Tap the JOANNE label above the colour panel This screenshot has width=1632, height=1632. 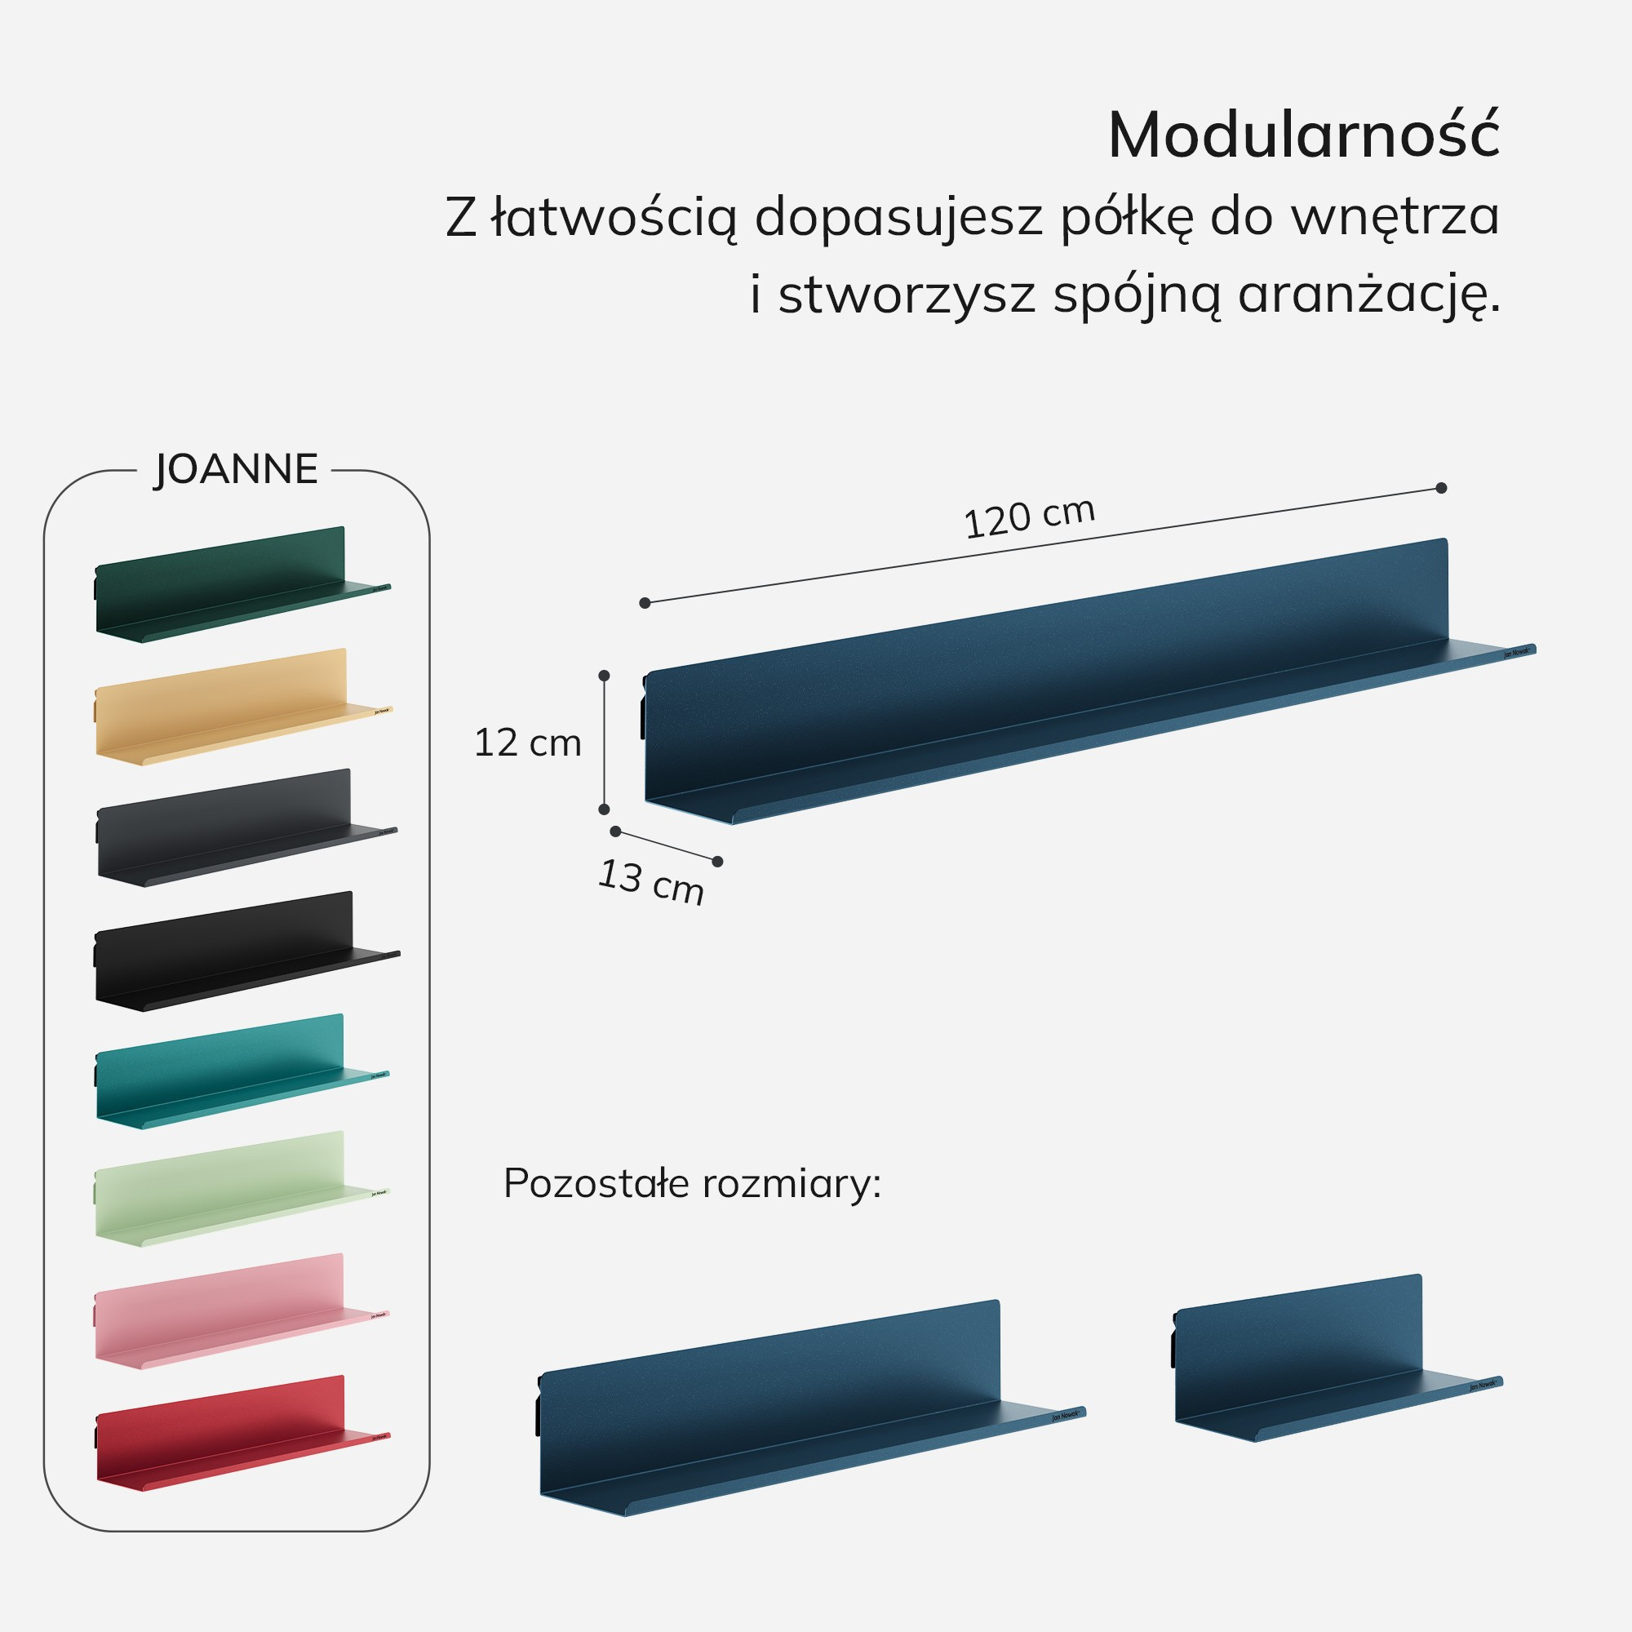click(x=236, y=470)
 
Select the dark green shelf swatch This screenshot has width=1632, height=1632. click(x=228, y=586)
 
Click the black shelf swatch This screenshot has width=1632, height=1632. click(x=233, y=952)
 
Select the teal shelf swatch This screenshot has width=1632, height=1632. click(x=228, y=1073)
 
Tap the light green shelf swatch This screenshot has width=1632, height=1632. click(x=228, y=1191)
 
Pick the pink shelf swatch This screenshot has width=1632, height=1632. click(x=228, y=1314)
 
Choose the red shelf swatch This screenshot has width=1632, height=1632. click(x=228, y=1435)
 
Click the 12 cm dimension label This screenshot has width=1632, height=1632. click(x=528, y=743)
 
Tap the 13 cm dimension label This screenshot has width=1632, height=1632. click(x=650, y=882)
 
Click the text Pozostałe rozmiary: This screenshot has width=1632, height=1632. click(x=692, y=1183)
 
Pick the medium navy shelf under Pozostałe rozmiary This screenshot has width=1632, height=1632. click(x=786, y=1411)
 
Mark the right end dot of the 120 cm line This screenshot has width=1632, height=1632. click(x=1442, y=487)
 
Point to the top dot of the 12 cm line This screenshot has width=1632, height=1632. click(x=604, y=676)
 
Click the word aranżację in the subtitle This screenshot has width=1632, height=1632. click(x=1368, y=295)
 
